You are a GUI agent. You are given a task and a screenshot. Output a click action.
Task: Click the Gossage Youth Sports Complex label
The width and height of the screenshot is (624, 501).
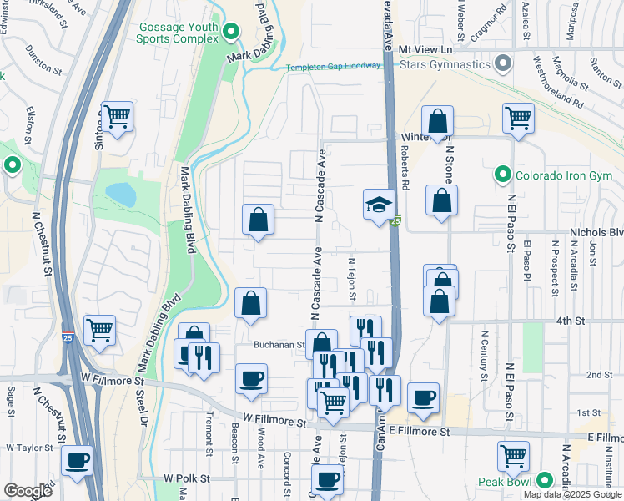click(178, 32)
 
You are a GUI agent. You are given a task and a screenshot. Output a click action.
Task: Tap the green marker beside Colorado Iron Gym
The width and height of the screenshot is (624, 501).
click(502, 175)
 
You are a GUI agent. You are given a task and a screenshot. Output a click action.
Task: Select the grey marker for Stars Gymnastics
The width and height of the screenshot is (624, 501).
click(502, 63)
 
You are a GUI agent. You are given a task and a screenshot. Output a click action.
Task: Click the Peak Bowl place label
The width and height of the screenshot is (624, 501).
click(506, 482)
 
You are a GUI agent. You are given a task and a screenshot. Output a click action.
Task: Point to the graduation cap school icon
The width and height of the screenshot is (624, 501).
click(378, 204)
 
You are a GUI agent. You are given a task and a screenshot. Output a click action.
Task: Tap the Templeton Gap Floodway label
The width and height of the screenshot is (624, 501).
click(334, 68)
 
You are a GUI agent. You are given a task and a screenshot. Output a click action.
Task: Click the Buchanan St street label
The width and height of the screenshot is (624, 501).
click(279, 344)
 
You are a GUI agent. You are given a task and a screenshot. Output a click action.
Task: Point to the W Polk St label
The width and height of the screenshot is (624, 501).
click(184, 478)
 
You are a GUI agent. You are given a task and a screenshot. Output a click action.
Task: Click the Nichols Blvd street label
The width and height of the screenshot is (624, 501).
click(596, 233)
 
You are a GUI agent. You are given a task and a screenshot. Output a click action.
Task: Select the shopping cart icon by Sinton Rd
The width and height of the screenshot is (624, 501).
click(116, 116)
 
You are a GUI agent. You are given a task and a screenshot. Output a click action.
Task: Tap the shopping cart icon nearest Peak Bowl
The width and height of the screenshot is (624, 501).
click(513, 456)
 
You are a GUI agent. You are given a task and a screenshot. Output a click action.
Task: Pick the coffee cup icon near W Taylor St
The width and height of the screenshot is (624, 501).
click(78, 459)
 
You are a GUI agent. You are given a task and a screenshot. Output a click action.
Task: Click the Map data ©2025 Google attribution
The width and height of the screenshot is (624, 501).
click(572, 494)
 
